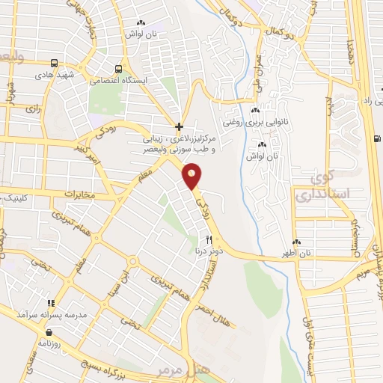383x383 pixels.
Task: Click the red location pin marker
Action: (x=192, y=177)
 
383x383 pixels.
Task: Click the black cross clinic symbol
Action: (x=179, y=126)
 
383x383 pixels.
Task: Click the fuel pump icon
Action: (x=376, y=138)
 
